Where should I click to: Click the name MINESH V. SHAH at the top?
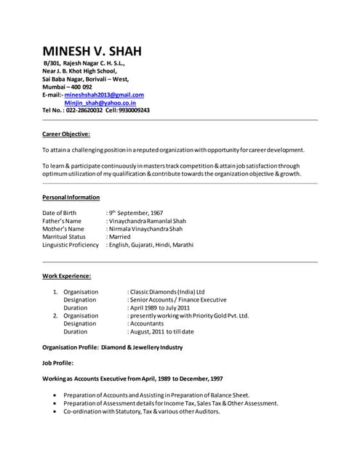(92, 51)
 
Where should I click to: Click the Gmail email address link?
(104, 94)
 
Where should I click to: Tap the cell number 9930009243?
(133, 110)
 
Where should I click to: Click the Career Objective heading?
(66, 134)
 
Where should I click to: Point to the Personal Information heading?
(71, 198)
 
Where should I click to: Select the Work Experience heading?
(67, 276)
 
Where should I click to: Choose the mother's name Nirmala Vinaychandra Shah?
(146, 229)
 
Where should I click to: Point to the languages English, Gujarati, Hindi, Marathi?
(152, 245)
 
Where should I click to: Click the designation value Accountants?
(148, 324)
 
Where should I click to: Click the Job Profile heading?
(58, 363)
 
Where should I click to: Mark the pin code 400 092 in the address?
(79, 86)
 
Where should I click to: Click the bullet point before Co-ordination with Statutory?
(55, 411)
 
